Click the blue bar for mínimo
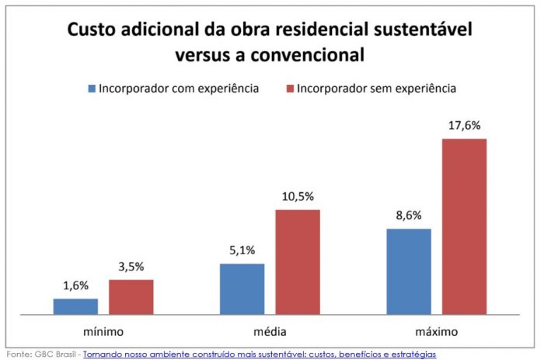tap(75, 306)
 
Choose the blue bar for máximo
tap(409, 271)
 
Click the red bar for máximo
tap(464, 226)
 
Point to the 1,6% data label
tap(75, 287)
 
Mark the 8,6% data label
tap(409, 217)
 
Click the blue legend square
tap(92, 88)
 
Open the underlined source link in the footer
tap(260, 354)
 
